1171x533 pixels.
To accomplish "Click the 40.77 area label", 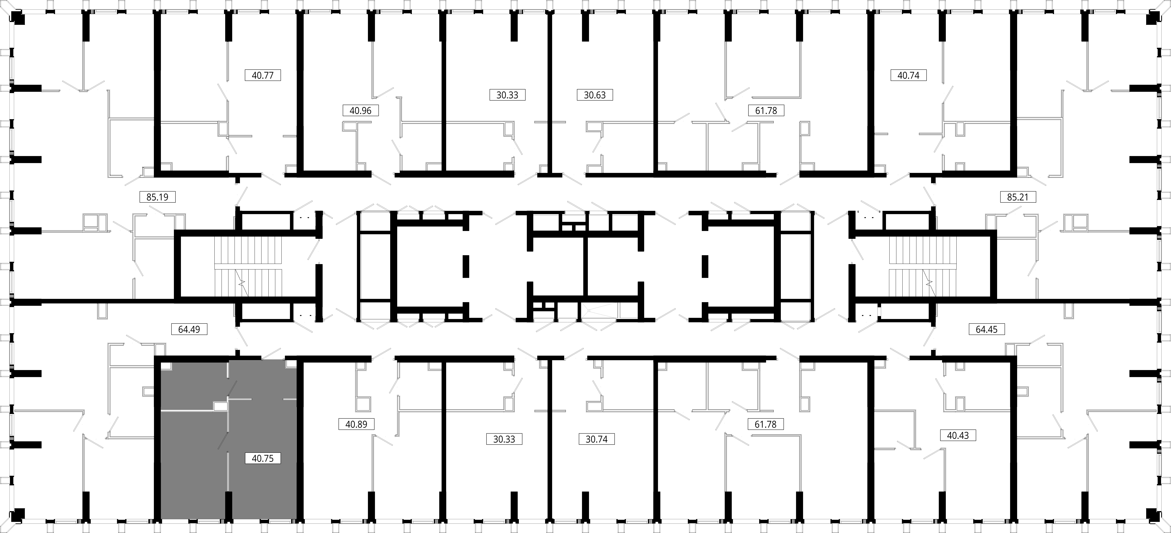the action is click(x=263, y=75).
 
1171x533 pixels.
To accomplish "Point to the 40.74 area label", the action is click(x=908, y=75).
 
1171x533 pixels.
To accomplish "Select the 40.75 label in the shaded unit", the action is click(x=263, y=458).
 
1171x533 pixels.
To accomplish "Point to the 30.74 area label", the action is click(x=596, y=439).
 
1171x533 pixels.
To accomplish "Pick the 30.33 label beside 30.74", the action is click(x=504, y=439).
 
